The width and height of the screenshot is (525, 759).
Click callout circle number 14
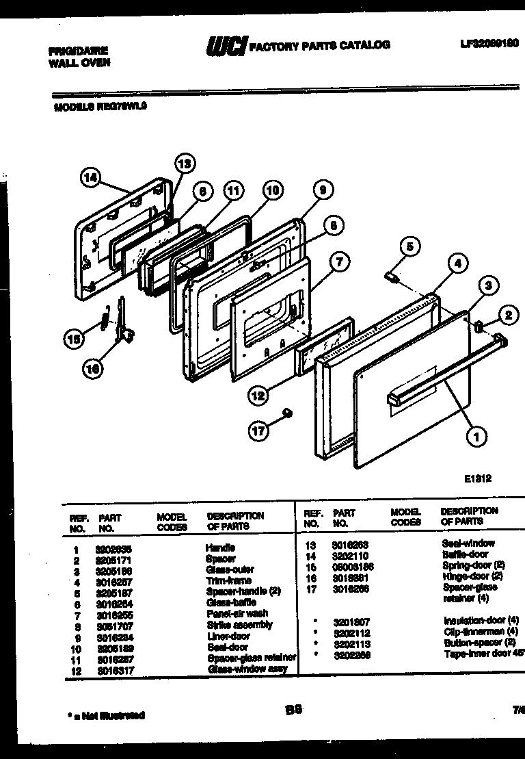pyautogui.click(x=90, y=178)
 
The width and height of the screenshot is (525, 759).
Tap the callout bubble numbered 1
pyautogui.click(x=473, y=433)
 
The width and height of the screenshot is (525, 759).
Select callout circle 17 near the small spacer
pyautogui.click(x=258, y=430)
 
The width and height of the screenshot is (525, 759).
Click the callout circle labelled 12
pyautogui.click(x=257, y=395)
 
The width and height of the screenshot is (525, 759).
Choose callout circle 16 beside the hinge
pyautogui.click(x=94, y=368)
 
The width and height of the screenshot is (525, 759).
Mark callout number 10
pyautogui.click(x=273, y=191)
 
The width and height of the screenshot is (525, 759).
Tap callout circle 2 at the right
pyautogui.click(x=507, y=316)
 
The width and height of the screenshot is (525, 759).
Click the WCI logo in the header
pyautogui.click(x=226, y=46)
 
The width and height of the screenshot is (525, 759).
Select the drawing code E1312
pyautogui.click(x=477, y=479)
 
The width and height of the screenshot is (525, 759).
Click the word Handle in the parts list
pyautogui.click(x=220, y=548)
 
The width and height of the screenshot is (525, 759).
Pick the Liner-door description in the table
pyautogui.click(x=228, y=636)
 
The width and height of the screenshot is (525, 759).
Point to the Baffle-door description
pyautogui.click(x=465, y=554)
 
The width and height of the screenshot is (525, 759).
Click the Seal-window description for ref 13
pyautogui.click(x=468, y=543)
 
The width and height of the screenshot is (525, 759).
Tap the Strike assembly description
pyautogui.click(x=239, y=625)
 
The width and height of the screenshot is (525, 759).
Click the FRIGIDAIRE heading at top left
pyautogui.click(x=78, y=51)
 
